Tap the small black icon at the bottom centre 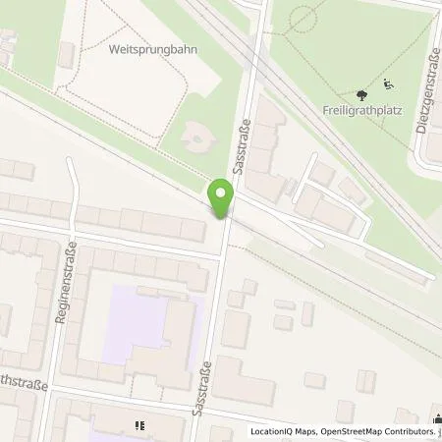point(138,425)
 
